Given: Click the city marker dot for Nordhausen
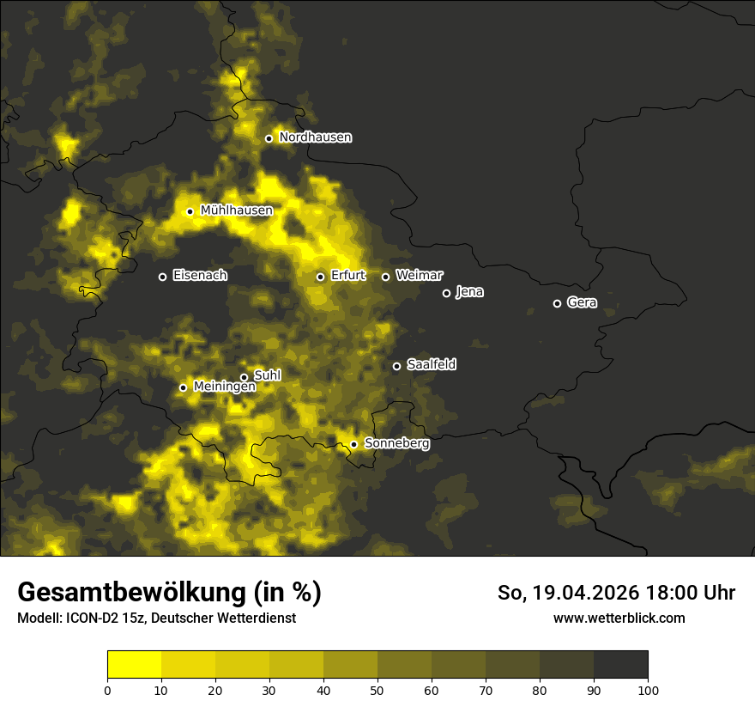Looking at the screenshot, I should click(269, 138).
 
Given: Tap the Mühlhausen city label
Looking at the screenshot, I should click(236, 210).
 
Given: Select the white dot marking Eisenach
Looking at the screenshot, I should click(162, 277).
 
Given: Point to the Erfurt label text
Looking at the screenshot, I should click(347, 276).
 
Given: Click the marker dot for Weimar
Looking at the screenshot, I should click(385, 277).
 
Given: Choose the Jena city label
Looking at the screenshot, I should click(469, 292).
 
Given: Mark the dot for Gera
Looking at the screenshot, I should click(557, 303).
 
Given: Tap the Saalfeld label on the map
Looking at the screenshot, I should click(431, 365).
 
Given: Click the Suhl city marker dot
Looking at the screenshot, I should click(244, 377).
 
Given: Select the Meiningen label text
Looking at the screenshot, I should click(224, 387).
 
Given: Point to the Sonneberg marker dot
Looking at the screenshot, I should click(353, 444).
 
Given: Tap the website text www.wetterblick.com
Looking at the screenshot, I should click(619, 619).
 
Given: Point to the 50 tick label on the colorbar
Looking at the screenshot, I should click(377, 690).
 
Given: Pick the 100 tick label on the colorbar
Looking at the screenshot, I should click(648, 690).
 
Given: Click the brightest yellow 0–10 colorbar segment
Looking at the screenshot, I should click(135, 665).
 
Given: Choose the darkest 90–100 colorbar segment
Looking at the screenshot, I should click(620, 665).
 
